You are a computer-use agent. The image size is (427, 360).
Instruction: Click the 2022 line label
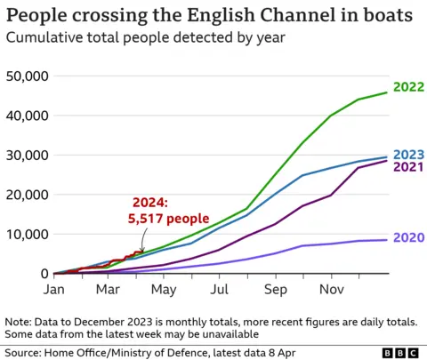[408, 87]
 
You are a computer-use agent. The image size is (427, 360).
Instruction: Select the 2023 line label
[408, 153]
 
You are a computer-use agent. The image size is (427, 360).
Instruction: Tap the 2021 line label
[408, 166]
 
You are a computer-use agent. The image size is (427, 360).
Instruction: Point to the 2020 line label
[408, 238]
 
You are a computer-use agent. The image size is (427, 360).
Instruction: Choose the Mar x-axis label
[108, 290]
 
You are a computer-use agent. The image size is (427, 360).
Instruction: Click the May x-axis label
[163, 290]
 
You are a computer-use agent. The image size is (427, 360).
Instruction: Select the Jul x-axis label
[219, 290]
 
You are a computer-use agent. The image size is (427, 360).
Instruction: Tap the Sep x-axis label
[275, 290]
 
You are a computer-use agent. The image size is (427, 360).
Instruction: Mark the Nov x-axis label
[331, 290]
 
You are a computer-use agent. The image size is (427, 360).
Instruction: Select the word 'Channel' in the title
[270, 16]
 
